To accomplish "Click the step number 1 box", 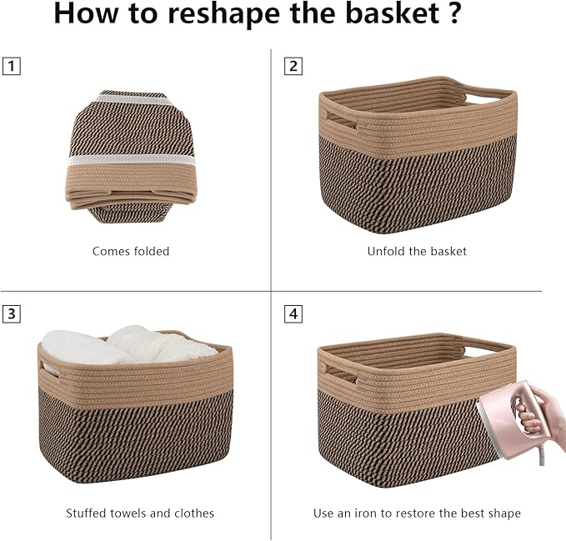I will (x=10, y=67).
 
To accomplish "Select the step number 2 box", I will (x=293, y=67).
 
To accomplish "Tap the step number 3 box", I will (x=10, y=314).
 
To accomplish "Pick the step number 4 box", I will (x=293, y=314).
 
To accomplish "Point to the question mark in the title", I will (x=453, y=14).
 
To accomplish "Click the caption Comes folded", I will (x=131, y=251).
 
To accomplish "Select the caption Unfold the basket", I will (x=417, y=251).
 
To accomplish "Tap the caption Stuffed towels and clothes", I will (x=140, y=513).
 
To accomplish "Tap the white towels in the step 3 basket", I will (x=125, y=345).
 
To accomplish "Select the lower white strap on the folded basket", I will (x=131, y=158).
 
